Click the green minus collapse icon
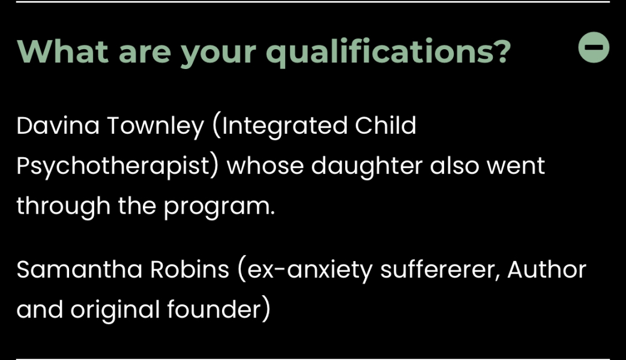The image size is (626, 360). click(594, 49)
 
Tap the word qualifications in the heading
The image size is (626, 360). click(388, 52)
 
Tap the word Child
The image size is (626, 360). click(385, 126)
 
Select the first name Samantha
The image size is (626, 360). click(79, 269)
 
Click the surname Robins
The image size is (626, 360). click(190, 269)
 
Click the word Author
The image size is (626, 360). click(546, 269)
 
